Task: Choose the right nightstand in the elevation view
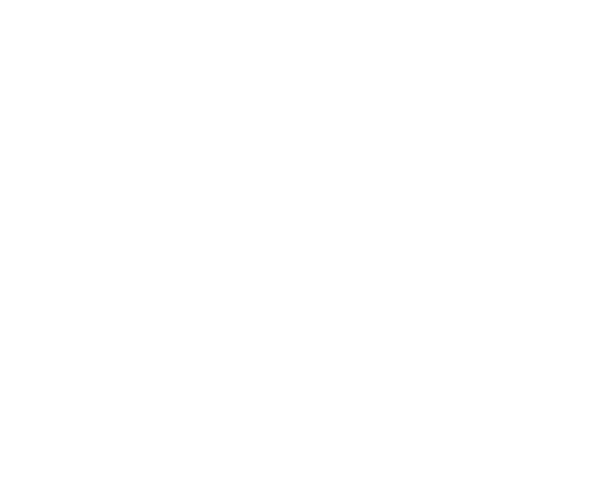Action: (350, 86)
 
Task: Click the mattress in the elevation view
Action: (216, 94)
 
